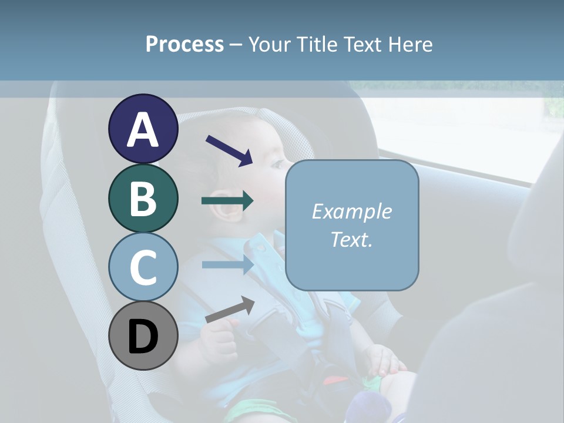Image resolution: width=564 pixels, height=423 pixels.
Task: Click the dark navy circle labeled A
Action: coord(143,129)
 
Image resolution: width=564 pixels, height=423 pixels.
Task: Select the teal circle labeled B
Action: coord(143,198)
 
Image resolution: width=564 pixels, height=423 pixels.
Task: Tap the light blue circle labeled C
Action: coord(143,267)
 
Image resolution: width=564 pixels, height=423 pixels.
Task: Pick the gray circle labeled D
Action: coord(143,335)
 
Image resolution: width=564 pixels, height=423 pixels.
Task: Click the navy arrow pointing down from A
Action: coord(229,150)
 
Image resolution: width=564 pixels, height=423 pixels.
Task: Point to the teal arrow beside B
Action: coord(227,201)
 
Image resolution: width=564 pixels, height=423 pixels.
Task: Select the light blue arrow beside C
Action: coord(227,264)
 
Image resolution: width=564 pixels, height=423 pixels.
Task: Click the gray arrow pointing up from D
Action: coord(230,310)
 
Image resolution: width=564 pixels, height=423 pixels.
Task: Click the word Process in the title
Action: coord(184,44)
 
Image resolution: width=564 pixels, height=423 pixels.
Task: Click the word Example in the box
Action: coord(351,211)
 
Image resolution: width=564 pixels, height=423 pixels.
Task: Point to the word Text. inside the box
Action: coord(351,239)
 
